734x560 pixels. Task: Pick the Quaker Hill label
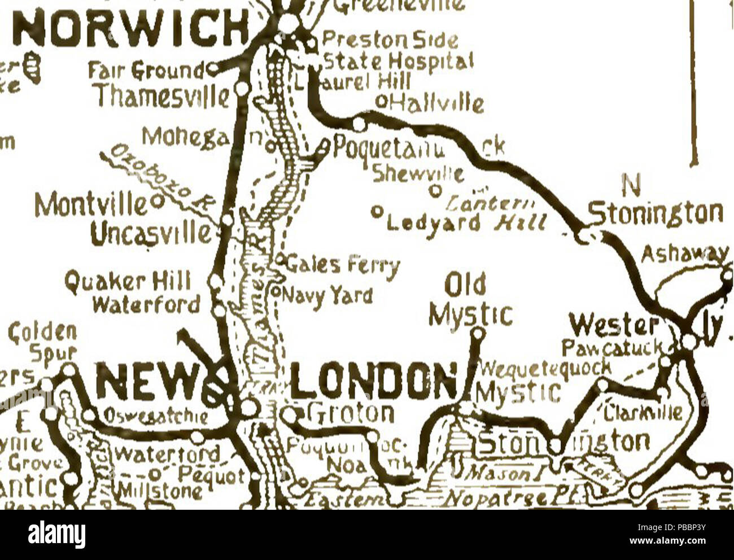point(128,281)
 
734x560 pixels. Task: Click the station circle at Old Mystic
point(479,333)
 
